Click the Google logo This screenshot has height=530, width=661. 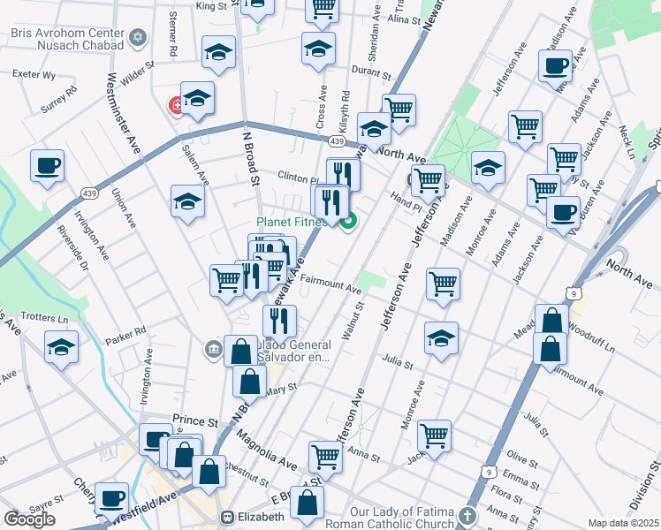[x=29, y=519]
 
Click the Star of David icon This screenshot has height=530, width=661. [x=136, y=38]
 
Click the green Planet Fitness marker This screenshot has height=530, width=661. [x=348, y=221]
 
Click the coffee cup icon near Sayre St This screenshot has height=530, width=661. [x=111, y=497]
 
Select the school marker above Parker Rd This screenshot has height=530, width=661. [x=61, y=345]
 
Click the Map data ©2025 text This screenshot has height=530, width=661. [x=623, y=523]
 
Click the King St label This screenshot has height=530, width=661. [x=211, y=6]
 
